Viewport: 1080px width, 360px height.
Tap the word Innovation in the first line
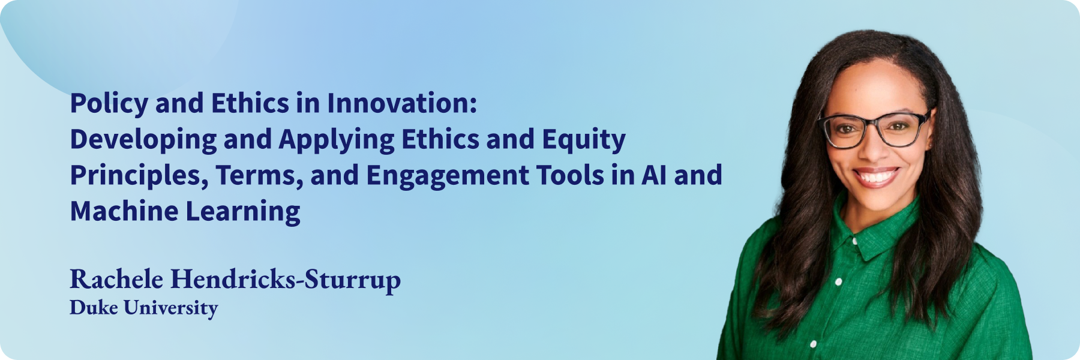pos(402,103)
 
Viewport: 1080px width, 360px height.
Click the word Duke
pos(94,307)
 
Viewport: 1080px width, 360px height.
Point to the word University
pos(171,308)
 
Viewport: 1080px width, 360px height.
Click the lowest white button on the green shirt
pos(813,344)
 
